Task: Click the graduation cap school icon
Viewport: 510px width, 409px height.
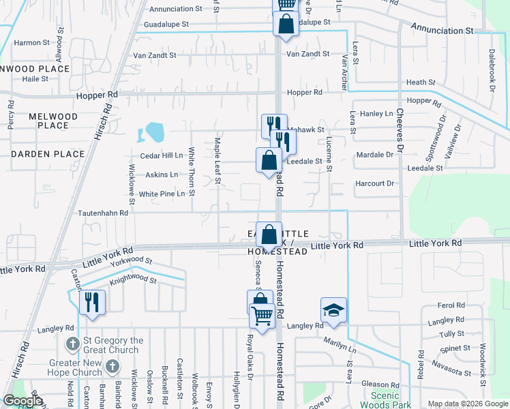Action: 334,310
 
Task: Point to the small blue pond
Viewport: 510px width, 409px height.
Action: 154,130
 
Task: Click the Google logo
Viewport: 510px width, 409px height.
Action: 22,401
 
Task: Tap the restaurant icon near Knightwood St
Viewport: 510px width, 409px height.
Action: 92,303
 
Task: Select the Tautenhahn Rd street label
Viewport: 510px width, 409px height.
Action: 105,213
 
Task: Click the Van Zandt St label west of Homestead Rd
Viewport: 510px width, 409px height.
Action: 154,55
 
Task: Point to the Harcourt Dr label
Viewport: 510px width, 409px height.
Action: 375,183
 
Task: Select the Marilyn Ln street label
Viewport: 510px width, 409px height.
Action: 340,345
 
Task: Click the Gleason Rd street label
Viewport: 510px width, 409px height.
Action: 381,384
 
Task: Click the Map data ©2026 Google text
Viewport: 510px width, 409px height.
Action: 467,404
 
